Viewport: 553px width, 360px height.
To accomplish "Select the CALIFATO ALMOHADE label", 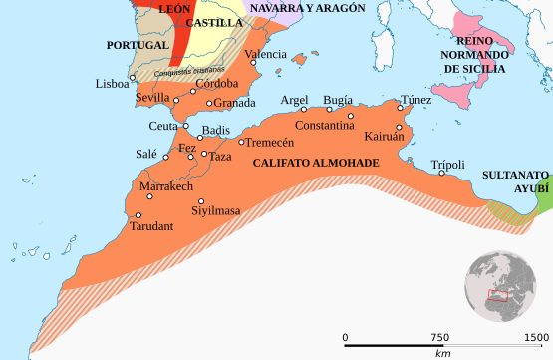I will [x=316, y=162].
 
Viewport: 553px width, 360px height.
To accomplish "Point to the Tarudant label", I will [x=151, y=227].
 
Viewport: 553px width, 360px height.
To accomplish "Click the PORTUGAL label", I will [x=138, y=46].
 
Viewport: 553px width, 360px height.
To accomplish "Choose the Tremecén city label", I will [x=272, y=143].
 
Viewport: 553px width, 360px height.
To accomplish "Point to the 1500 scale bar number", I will [x=537, y=338].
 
